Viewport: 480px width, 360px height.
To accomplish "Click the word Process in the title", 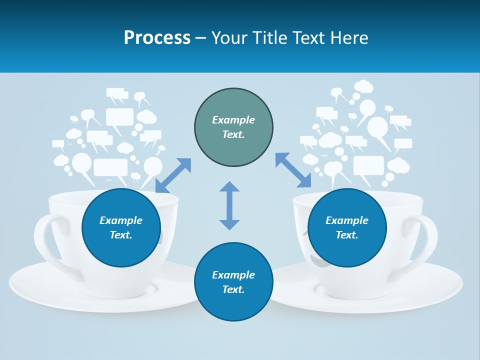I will (x=157, y=37).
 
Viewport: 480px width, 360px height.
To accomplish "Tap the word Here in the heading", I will (x=349, y=37).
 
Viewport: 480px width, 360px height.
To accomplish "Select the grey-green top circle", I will (x=233, y=127).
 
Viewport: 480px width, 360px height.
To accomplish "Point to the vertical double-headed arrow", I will (x=229, y=205).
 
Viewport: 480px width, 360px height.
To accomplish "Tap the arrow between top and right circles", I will (x=293, y=170).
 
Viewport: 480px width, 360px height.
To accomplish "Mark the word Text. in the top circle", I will (x=233, y=134).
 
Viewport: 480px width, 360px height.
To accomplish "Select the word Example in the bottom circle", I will (x=233, y=275).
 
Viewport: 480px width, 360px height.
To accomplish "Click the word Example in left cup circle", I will (x=121, y=220).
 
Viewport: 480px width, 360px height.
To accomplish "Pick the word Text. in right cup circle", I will (x=347, y=235).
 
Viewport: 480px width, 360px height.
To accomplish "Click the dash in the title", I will (x=201, y=38).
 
